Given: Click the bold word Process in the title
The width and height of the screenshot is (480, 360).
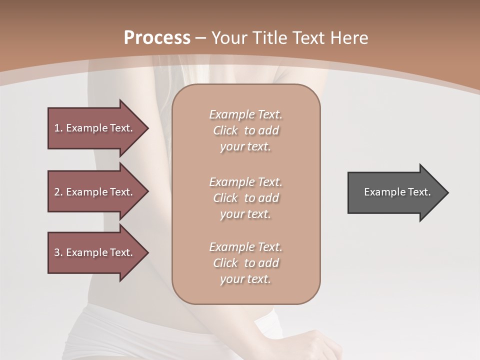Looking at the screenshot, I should [x=157, y=38].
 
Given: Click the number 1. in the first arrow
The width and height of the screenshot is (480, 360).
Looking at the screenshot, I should [x=58, y=128].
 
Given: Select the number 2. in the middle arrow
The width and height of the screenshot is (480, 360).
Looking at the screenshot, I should [x=58, y=192].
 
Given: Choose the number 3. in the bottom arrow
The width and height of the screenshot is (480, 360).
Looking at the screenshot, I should [x=58, y=252].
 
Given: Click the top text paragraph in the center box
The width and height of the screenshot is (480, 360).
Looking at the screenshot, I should [x=245, y=130].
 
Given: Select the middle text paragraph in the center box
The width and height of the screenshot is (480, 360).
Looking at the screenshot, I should [x=245, y=198].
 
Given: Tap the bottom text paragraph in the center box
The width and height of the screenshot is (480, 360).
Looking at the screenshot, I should [x=245, y=263].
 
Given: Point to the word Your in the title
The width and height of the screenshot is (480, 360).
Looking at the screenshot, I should [x=229, y=38].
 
